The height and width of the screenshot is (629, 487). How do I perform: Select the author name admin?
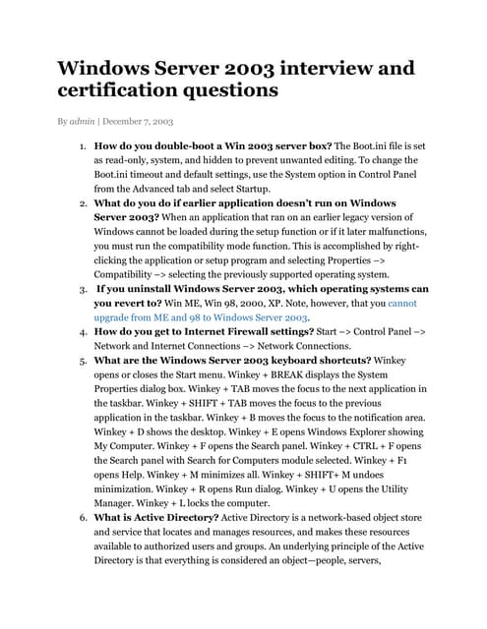coord(83,121)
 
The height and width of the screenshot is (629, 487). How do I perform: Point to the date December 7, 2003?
coord(138,121)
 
